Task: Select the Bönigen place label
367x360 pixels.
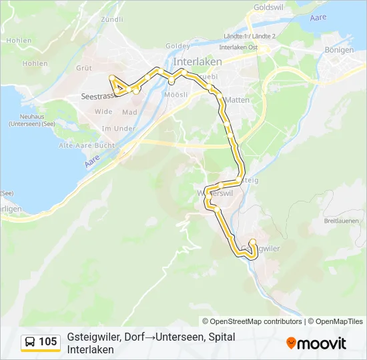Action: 340,49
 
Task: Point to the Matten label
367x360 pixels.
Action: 237,99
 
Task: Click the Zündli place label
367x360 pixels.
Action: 111,20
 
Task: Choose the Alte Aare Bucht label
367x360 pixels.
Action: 87,145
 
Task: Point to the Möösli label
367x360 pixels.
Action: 174,95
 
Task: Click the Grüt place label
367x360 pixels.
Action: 84,68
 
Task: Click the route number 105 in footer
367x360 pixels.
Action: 47,342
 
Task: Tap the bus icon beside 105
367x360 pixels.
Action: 31,342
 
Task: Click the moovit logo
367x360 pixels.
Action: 316,343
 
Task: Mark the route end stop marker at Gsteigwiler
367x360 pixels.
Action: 252,242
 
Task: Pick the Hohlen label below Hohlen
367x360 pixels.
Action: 35,63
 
